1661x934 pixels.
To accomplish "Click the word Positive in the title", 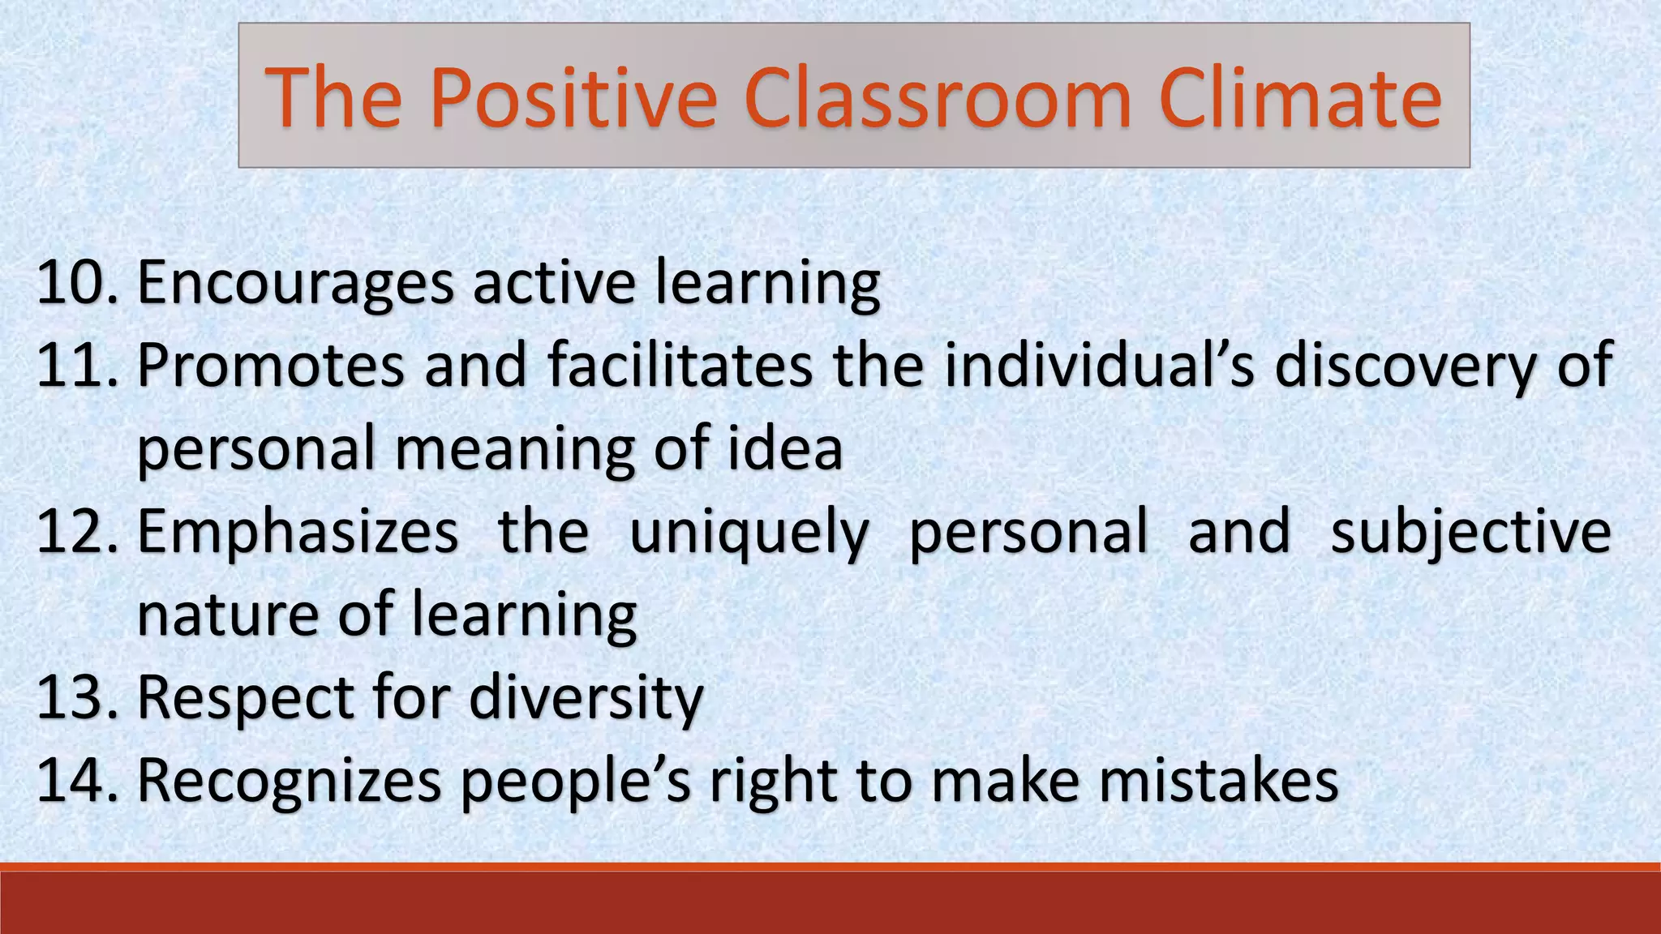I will click(573, 99).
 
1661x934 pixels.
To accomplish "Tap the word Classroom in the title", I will click(937, 99).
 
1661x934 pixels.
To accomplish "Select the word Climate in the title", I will click(1301, 99).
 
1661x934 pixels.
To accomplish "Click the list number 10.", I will click(77, 283).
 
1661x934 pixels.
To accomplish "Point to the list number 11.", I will click(77, 366).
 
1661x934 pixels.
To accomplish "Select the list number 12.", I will click(77, 531).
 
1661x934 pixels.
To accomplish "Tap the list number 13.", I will click(77, 697).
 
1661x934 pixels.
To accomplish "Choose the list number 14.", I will click(77, 780).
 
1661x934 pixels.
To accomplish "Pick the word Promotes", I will click(271, 366).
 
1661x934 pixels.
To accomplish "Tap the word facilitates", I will click(680, 366).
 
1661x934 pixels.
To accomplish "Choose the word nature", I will click(228, 615).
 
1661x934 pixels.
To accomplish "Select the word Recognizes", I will click(290, 782).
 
